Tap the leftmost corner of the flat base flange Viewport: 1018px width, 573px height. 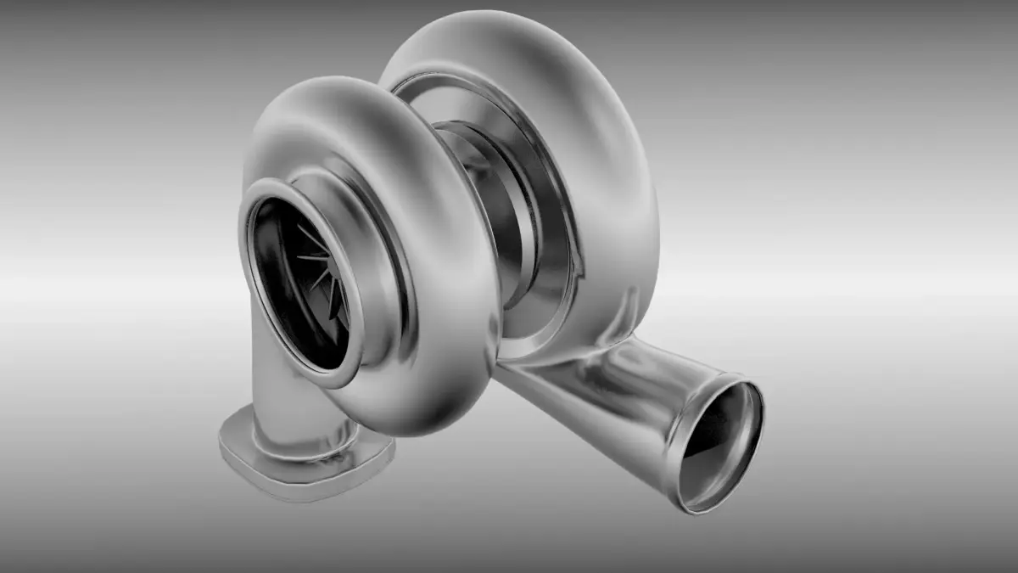222,441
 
